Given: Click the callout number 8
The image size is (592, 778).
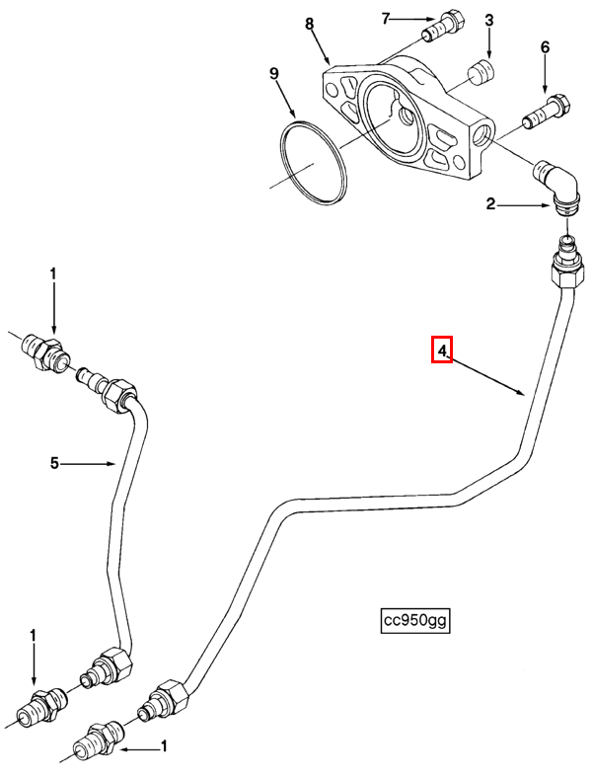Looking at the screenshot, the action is [310, 24].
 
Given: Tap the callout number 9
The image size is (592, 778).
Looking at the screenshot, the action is [274, 74].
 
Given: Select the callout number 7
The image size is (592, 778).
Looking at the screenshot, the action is [386, 19].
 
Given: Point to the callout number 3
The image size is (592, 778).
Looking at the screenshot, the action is [489, 21].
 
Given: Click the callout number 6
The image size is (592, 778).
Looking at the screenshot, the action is [545, 47].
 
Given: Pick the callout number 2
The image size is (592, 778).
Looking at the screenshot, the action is [490, 204].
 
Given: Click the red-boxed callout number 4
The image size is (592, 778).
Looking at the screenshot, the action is [442, 350].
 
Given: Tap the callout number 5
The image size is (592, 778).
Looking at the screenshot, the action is [54, 463].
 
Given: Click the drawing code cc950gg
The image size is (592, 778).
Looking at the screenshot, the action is [416, 620].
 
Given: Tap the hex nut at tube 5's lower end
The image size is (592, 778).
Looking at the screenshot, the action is [115, 662].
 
